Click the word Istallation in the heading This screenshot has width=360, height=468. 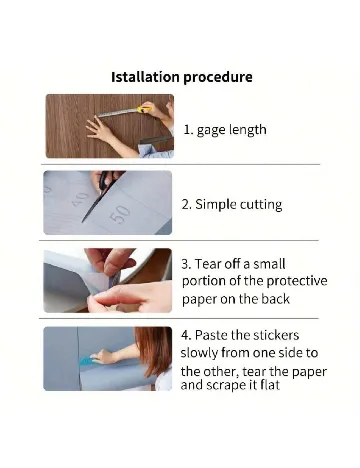[145, 77]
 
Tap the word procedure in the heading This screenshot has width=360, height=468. [218, 78]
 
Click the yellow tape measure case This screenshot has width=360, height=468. [143, 109]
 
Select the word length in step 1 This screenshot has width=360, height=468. [247, 130]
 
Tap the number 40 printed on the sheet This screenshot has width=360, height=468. [80, 199]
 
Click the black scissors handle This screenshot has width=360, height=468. [110, 180]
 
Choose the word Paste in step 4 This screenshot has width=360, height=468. [211, 335]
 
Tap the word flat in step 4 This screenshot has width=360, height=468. [270, 385]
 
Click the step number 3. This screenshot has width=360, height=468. [186, 264]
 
